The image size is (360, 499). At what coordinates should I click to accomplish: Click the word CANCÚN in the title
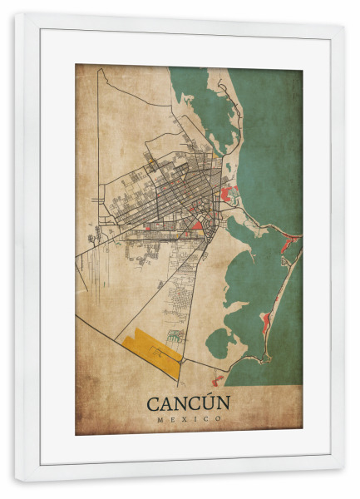pos(189,403)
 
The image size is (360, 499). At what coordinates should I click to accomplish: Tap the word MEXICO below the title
pos(189,419)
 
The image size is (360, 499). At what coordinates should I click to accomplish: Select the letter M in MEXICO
pos(159,419)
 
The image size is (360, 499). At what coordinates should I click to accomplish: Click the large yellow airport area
pos(150,346)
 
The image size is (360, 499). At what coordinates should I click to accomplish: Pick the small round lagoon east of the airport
pos(219,341)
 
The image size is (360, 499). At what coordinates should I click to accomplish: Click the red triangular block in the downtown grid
pos(198,223)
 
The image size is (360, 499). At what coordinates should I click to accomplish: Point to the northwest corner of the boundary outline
pos(99,70)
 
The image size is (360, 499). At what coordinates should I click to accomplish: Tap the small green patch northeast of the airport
pos(175,336)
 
